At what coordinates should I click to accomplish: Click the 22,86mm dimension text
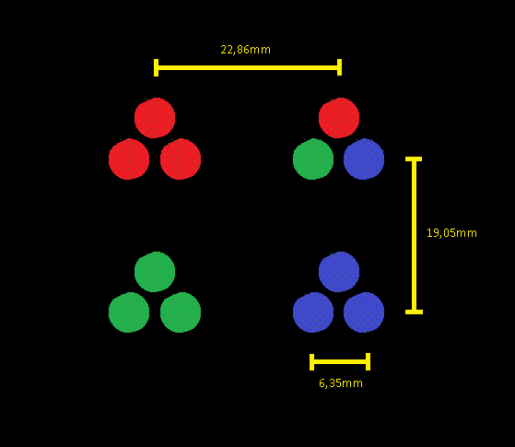point(245,50)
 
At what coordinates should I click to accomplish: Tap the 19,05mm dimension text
point(451,233)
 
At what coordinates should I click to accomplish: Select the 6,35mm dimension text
point(341,383)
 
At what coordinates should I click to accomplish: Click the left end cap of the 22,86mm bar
point(156,67)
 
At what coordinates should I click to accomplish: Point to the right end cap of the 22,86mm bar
point(340,67)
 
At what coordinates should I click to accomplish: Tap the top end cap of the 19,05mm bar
point(414,159)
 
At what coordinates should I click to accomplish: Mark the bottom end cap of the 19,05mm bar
point(414,312)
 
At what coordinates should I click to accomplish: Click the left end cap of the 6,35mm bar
point(311,362)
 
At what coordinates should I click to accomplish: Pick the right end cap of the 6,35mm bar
point(369,362)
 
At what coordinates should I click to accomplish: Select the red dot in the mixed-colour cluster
point(339,118)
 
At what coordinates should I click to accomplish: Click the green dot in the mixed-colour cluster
point(313,159)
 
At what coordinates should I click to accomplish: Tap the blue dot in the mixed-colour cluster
point(364,159)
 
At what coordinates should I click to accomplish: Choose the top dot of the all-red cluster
point(155,118)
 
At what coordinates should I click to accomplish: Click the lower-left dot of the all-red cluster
point(129,159)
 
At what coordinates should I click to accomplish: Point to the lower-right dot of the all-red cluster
point(181,159)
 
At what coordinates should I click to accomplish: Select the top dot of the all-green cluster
point(155,272)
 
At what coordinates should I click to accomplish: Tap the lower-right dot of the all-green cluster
point(181,312)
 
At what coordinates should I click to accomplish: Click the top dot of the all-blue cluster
point(339,272)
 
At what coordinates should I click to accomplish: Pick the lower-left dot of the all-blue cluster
point(313,312)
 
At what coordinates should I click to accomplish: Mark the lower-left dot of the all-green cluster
point(129,312)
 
